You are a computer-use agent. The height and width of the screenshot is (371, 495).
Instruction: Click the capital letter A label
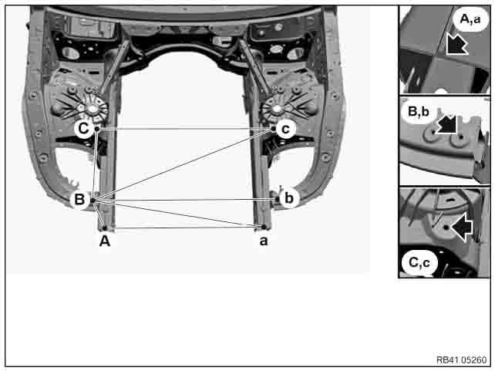pos(105,241)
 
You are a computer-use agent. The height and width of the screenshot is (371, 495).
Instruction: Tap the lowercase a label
pos(264,241)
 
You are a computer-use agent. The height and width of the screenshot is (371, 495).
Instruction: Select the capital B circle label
pos(79,199)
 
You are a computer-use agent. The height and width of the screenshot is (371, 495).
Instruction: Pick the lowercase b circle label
pos(289,198)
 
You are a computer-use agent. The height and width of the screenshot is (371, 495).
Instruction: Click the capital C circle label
pos(84,128)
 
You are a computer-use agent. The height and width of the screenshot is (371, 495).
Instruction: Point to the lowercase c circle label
pos(285,129)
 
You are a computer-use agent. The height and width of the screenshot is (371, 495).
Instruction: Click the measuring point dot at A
pos(105,228)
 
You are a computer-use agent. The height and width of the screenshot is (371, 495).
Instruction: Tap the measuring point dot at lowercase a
pos(264,227)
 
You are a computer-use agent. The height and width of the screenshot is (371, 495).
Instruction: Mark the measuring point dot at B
pos(93,201)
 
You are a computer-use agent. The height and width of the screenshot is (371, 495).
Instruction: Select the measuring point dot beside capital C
pos(97,129)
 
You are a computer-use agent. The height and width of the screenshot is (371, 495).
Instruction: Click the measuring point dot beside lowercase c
pos(274,129)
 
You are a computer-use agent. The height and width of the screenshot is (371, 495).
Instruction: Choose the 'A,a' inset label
pos(470,19)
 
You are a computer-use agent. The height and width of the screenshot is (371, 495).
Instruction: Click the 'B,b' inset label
pos(419,112)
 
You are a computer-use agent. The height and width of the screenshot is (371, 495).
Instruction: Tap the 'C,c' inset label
pos(419,262)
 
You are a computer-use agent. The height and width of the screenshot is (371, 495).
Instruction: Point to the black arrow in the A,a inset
pos(457,44)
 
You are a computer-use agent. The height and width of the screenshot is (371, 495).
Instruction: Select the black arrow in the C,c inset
pos(462,227)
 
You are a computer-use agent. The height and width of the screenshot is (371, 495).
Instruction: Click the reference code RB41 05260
pos(461,359)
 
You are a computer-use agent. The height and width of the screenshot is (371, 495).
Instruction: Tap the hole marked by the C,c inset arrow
pos(446,228)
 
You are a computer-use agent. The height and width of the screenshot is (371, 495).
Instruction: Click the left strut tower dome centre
pos(92,109)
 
